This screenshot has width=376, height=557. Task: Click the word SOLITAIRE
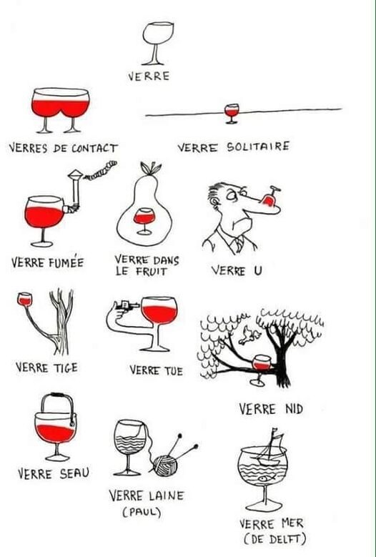(258, 147)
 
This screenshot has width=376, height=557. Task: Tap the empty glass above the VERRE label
(157, 44)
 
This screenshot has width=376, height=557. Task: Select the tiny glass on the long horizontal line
(232, 113)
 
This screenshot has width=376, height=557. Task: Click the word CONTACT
(94, 148)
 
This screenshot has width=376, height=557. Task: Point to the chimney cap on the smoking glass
(76, 174)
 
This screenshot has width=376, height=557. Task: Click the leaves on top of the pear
(150, 168)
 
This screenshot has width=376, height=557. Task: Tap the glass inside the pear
(144, 221)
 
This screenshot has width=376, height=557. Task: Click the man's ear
(214, 202)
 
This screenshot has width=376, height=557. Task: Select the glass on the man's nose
(269, 197)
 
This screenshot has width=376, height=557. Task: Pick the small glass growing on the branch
(25, 299)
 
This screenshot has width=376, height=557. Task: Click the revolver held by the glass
(125, 305)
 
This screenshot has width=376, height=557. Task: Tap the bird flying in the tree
(249, 335)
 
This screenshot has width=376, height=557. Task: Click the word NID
(294, 409)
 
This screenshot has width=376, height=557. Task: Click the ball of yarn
(164, 465)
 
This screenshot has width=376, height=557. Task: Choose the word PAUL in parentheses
(142, 512)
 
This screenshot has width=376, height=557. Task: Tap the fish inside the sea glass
(267, 478)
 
